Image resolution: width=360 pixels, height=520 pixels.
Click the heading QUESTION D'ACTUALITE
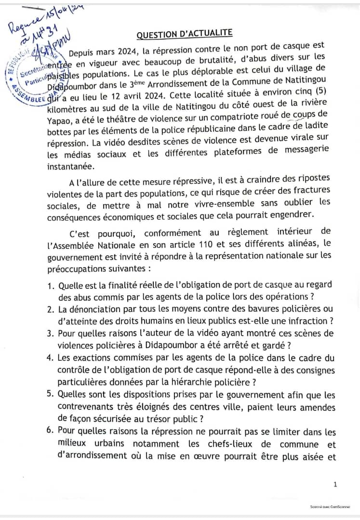(x=185, y=34)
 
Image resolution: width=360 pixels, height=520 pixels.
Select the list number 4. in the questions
(x=51, y=358)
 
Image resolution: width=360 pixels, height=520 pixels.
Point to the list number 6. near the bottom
(x=51, y=432)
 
